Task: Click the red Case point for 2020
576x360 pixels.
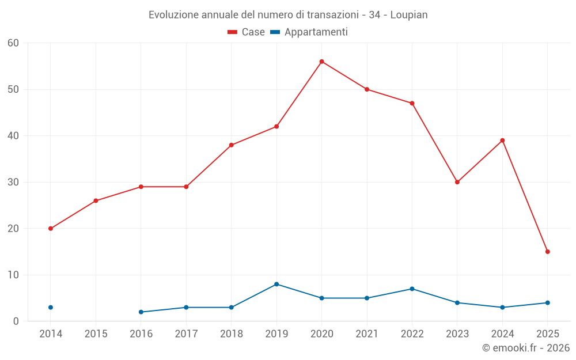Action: (321, 62)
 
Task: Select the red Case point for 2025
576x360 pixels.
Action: (547, 252)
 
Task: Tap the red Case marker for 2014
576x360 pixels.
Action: (51, 229)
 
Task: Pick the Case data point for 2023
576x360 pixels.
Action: (457, 182)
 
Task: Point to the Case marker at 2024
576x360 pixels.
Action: (502, 141)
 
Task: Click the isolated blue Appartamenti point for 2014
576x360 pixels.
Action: (51, 308)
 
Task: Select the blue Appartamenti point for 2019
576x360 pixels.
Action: (276, 284)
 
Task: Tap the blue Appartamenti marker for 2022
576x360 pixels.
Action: (412, 289)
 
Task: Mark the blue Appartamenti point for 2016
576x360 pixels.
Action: (141, 312)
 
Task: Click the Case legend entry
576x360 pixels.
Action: (247, 32)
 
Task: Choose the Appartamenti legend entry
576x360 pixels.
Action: (309, 32)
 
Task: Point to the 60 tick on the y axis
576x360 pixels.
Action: (13, 43)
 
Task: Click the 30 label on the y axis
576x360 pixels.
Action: (13, 182)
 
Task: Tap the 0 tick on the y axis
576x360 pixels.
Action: (16, 321)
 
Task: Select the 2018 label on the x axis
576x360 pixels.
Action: (232, 334)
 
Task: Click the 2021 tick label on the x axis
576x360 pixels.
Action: (367, 334)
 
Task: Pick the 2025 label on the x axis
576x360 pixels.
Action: (547, 334)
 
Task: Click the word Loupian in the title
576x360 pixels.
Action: (409, 15)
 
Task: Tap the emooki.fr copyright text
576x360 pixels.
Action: (526, 348)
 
